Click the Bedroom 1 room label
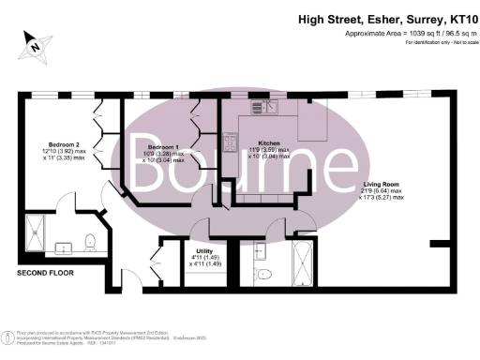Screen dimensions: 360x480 click(x=162, y=147)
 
